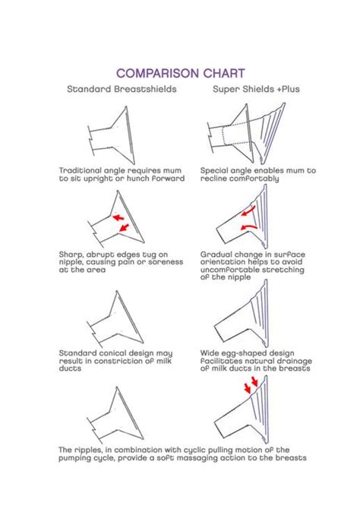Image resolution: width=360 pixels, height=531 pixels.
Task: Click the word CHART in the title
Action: coord(224,73)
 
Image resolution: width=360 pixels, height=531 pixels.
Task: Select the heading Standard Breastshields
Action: coord(122,89)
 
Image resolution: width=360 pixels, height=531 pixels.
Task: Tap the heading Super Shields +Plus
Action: coord(256,89)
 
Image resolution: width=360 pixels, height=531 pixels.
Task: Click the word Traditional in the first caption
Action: coord(80,170)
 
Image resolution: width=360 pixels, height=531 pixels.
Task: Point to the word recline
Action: coord(213,179)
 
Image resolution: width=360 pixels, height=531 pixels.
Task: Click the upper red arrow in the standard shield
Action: coord(118,217)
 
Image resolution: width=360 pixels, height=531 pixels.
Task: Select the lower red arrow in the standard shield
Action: coord(125,227)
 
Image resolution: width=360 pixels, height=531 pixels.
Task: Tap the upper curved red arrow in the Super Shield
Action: coord(248,212)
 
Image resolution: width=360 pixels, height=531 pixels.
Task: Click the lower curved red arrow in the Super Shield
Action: coord(248,226)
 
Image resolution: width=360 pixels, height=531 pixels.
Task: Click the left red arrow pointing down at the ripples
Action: coord(248,387)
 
